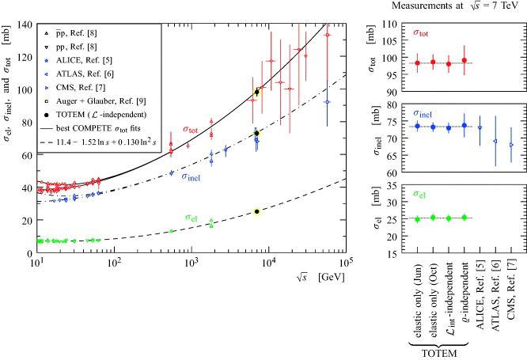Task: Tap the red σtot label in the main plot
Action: tap(191, 130)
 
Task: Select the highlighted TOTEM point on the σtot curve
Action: tap(256, 93)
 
